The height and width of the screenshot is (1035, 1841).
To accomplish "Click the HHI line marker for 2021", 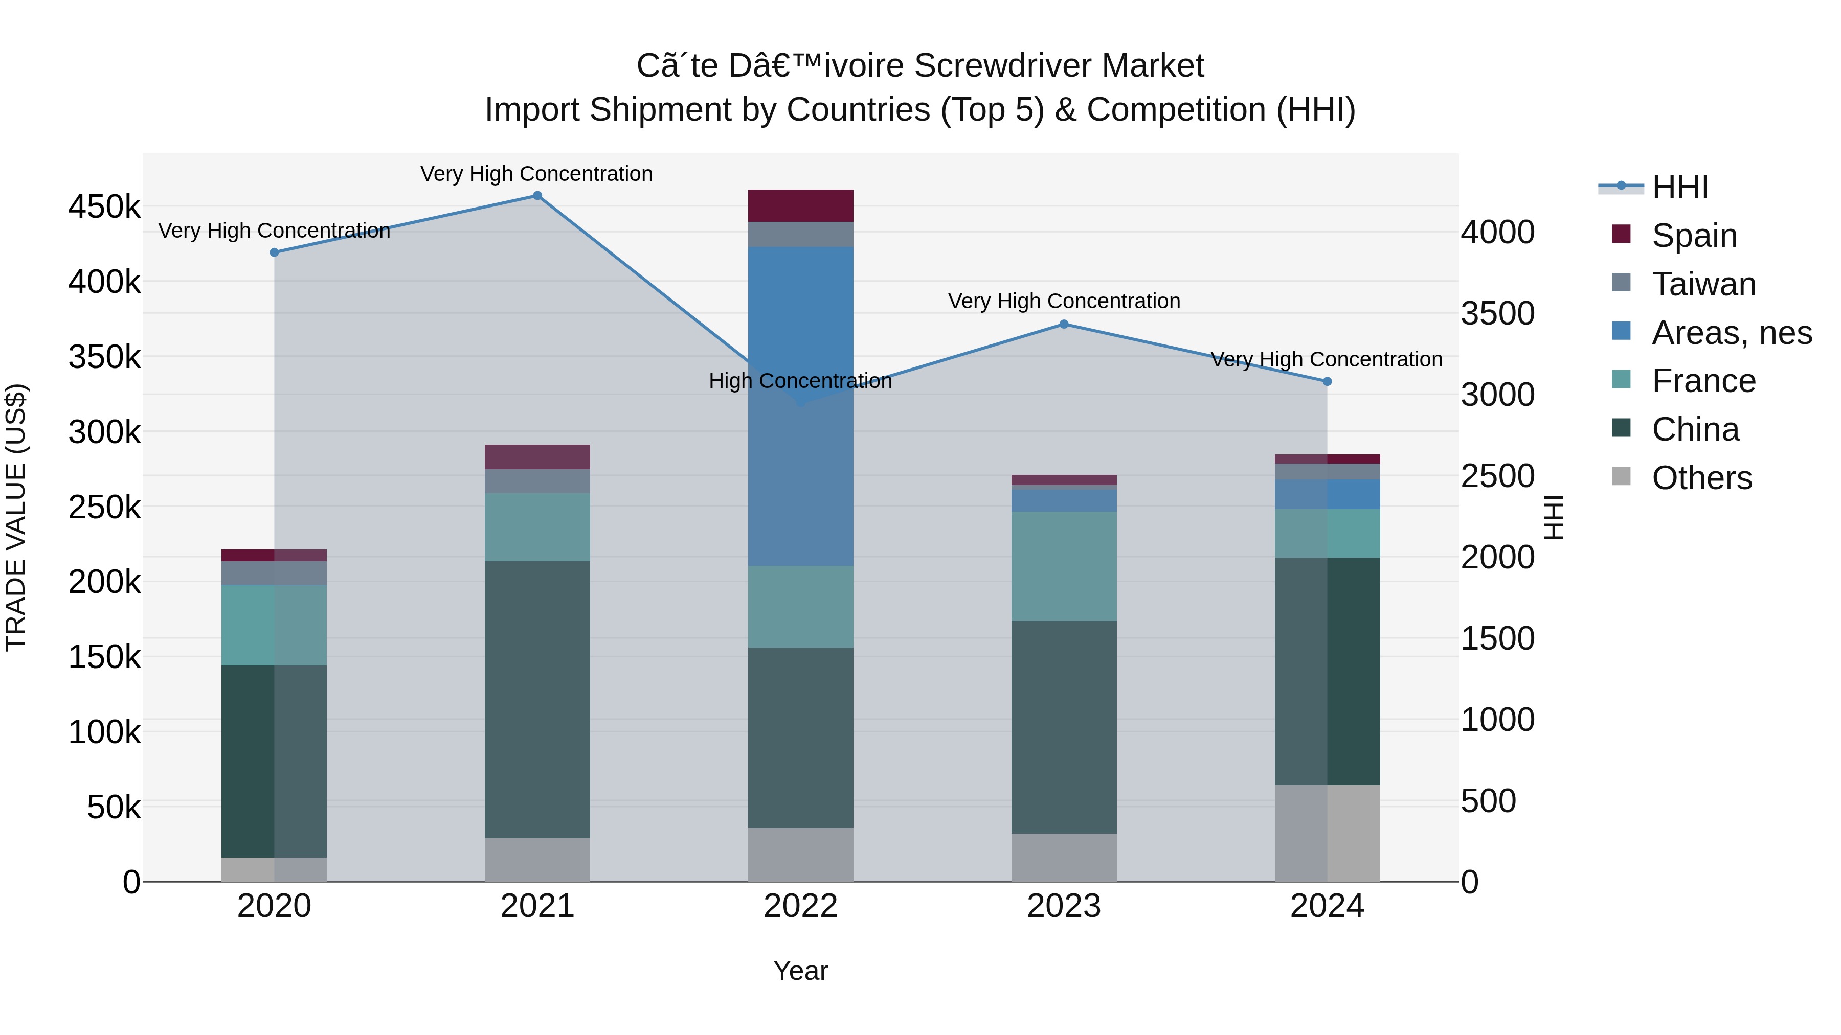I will pos(537,196).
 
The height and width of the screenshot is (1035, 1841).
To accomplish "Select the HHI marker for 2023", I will pos(1064,324).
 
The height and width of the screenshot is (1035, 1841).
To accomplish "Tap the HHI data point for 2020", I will pos(275,252).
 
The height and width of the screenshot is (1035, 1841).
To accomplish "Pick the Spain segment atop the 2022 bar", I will pos(800,205).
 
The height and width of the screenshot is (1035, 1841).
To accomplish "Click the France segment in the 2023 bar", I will pos(1064,566).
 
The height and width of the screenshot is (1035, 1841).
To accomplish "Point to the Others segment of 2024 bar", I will pos(1327,833).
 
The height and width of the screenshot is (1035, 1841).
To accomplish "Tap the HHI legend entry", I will pos(1679,187).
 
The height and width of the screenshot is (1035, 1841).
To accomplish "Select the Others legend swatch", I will pos(1622,476).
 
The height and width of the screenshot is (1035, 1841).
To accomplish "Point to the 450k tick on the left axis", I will pos(104,207).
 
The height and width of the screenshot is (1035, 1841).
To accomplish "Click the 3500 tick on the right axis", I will pos(1497,314).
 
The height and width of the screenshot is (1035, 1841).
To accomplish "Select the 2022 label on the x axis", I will pos(800,906).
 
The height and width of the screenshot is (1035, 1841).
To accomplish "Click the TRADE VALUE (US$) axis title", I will pos(16,517).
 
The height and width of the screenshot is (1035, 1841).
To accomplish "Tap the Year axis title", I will pos(800,971).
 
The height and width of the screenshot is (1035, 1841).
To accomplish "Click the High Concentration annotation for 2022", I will pos(800,381).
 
